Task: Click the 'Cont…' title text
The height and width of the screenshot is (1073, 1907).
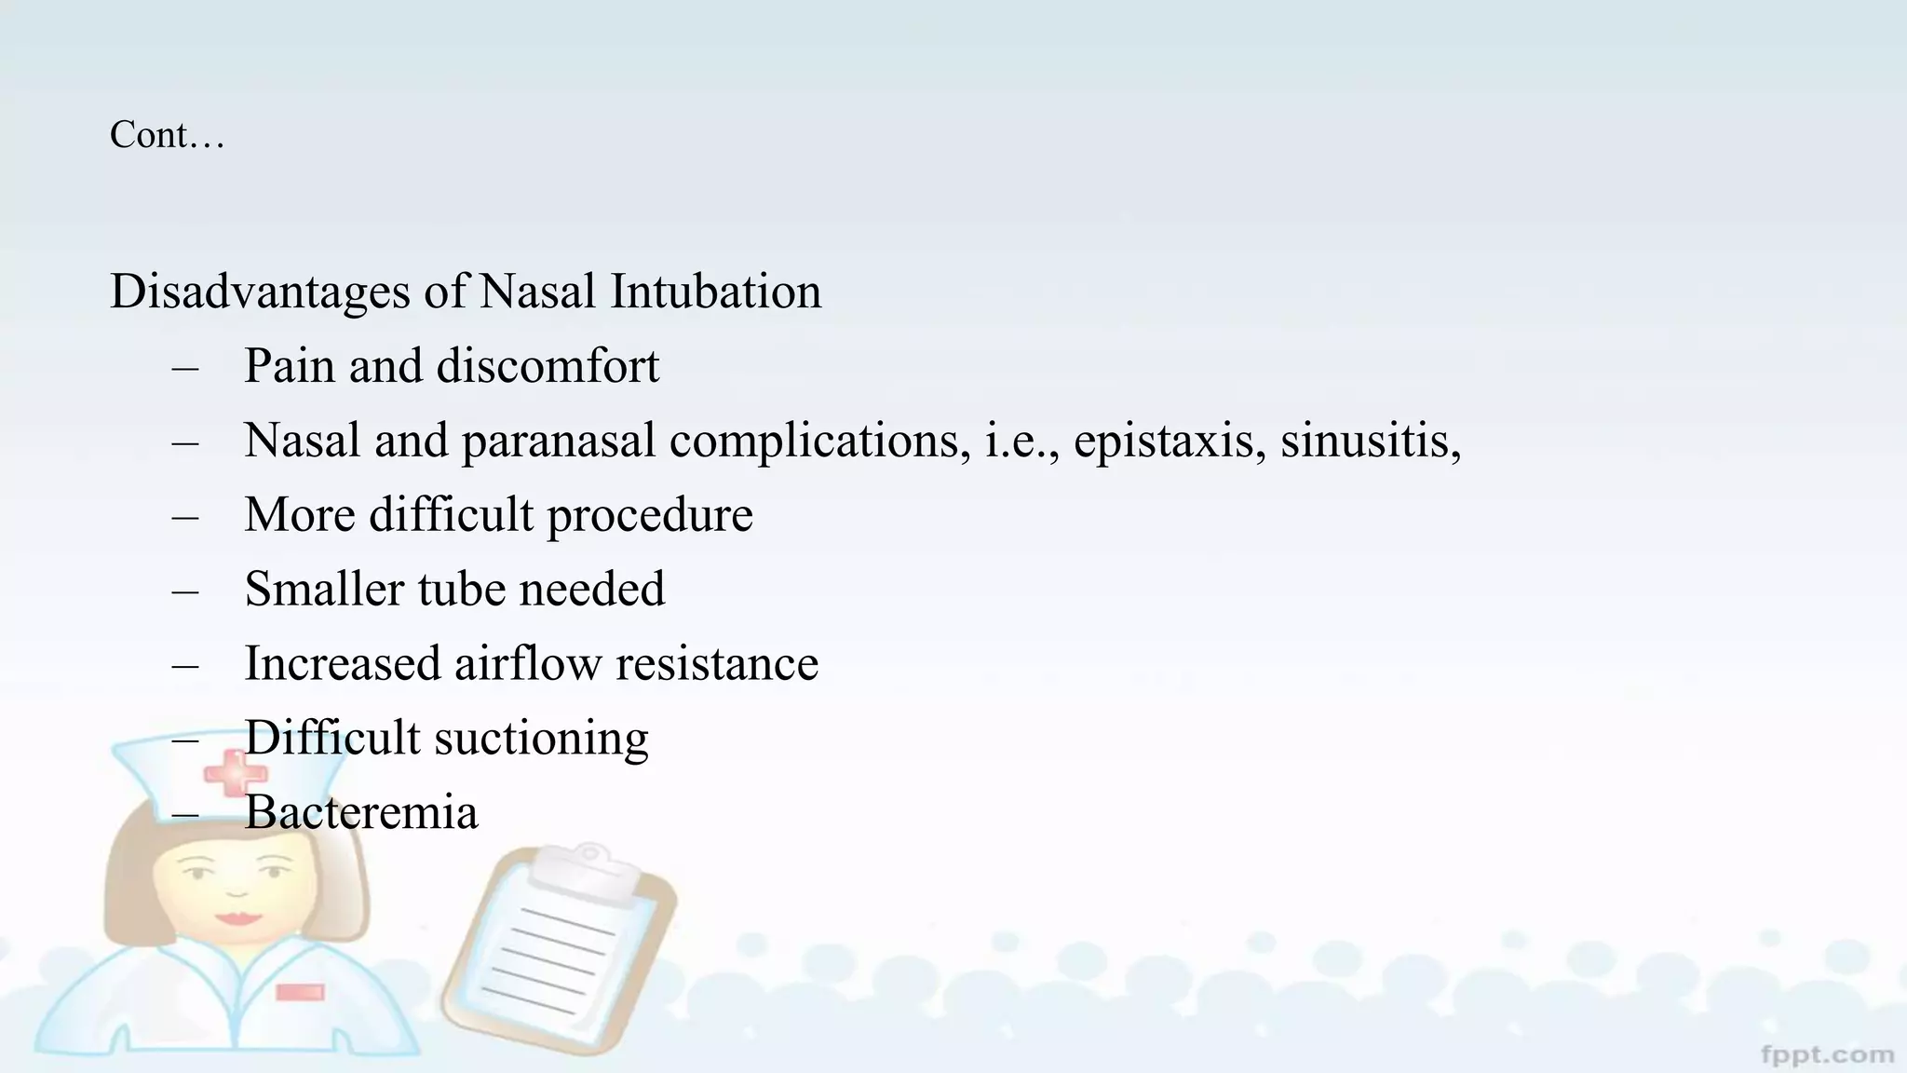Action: (x=167, y=136)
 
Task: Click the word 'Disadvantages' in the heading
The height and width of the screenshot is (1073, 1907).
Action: (x=260, y=292)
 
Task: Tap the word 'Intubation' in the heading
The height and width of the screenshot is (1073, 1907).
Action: (x=715, y=292)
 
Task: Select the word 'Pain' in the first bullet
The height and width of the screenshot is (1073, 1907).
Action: (x=289, y=366)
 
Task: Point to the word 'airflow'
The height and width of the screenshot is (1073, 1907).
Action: (x=527, y=664)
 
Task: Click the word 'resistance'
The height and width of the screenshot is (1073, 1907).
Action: (x=717, y=664)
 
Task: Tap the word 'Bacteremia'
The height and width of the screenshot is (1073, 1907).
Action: (x=361, y=812)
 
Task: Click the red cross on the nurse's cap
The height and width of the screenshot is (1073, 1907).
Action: (x=235, y=773)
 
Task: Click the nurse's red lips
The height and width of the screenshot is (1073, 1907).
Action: (x=238, y=917)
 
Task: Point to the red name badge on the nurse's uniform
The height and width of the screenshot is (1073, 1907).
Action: (x=300, y=992)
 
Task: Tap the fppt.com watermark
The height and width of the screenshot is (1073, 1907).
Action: (x=1828, y=1054)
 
